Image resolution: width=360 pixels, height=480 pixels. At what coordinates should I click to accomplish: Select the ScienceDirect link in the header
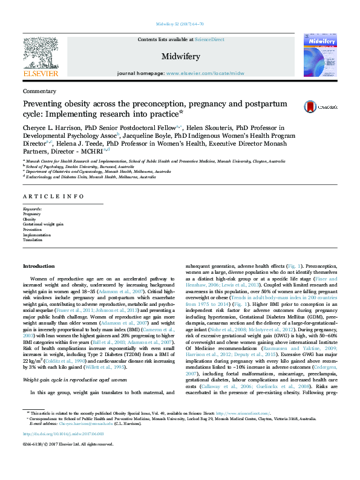tap(209, 39)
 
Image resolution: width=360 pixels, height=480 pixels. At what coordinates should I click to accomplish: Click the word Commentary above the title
tap(39, 91)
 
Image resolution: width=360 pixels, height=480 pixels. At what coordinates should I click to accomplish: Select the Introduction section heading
tap(38, 267)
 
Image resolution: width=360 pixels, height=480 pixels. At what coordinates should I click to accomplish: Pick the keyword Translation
tap(33, 240)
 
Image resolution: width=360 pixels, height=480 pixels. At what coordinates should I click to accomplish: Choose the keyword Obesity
tap(30, 219)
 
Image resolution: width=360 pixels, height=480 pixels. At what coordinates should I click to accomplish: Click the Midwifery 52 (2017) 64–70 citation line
tap(180, 25)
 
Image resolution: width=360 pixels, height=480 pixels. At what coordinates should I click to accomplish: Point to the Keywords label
tap(33, 209)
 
